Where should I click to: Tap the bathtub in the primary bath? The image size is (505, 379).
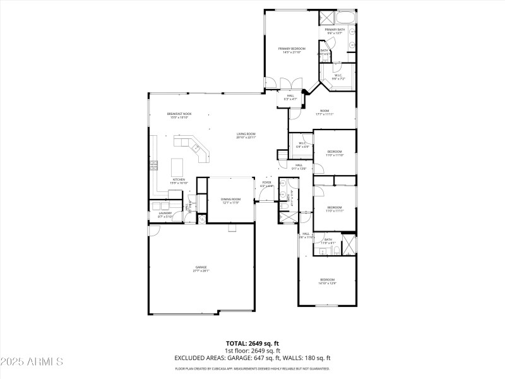point(345,17)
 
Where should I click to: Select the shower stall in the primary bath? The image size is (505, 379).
point(326,18)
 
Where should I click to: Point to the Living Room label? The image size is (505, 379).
point(246,135)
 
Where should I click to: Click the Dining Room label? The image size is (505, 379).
point(230,201)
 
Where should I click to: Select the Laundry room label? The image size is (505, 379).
point(166,215)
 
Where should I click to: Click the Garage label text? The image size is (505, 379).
point(201,269)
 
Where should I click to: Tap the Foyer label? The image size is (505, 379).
point(266,184)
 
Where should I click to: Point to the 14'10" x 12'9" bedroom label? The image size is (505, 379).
point(327,281)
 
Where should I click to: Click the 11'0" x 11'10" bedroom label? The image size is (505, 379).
point(334,153)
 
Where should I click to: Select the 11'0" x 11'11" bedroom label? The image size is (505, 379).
point(334,209)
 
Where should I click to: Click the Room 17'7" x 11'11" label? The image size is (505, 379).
point(324,112)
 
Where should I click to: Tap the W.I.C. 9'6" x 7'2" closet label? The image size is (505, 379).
point(338,76)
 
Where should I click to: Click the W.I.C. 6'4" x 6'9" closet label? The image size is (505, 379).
point(302,145)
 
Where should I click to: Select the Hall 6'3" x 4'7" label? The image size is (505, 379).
point(290,97)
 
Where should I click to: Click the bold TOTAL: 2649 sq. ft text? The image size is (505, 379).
point(252,343)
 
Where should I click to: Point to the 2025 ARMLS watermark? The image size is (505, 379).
point(32,362)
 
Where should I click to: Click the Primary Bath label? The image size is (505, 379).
point(334,32)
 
